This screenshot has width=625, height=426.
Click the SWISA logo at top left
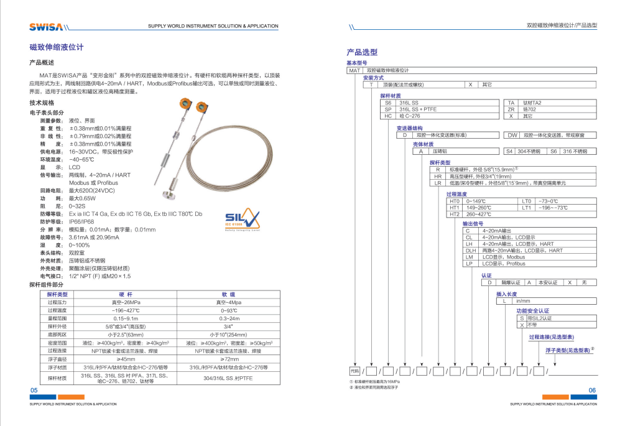tap(45, 27)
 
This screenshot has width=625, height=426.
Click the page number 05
tap(34, 390)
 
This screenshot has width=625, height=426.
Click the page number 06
tap(591, 390)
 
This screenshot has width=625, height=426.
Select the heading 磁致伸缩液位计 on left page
tap(57, 47)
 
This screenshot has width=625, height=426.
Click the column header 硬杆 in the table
tap(126, 294)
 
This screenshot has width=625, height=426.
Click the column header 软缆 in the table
tap(228, 294)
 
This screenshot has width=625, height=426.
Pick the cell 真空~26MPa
tap(126, 302)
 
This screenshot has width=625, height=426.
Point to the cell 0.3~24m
tap(228, 318)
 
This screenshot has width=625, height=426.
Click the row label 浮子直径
tap(57, 359)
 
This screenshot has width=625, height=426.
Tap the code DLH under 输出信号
tap(470, 251)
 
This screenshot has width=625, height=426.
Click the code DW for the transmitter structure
tap(512, 135)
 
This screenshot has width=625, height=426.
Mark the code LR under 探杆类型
tap(438, 183)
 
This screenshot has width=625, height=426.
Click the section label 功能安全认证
tap(533, 310)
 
